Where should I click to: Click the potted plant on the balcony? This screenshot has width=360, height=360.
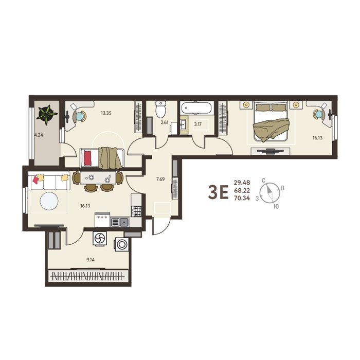[47, 114]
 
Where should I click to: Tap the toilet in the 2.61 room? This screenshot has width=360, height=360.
[160, 109]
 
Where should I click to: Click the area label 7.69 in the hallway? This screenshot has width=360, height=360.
[160, 179]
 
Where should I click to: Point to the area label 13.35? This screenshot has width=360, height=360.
[106, 113]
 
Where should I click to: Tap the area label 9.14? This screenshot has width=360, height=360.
[91, 260]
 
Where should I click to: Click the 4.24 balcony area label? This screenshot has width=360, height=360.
[39, 135]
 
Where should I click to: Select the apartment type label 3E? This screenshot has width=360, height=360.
[218, 192]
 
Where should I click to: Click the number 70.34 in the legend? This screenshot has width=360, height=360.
[242, 198]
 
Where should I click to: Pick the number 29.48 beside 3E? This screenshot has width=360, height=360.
[242, 183]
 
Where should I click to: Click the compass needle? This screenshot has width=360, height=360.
[269, 192]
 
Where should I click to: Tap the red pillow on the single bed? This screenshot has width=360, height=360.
[88, 158]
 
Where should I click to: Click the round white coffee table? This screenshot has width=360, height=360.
[49, 201]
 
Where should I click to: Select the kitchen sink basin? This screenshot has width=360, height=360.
[124, 222]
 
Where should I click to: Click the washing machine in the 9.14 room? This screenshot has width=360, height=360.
[122, 244]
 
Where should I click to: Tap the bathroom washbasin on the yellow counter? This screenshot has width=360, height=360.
[183, 125]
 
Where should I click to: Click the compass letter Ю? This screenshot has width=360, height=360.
[277, 207]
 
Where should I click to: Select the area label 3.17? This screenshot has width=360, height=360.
[197, 124]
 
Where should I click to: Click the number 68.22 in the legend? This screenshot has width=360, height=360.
[242, 190]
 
